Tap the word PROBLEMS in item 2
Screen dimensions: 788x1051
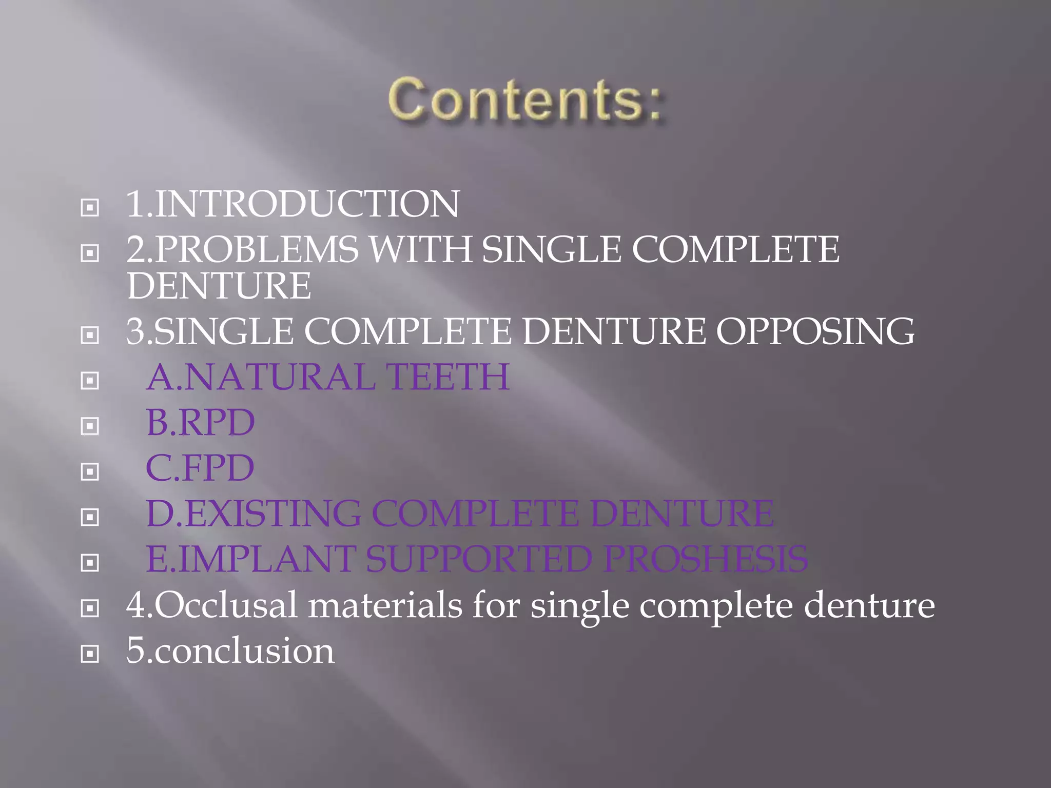[257, 249]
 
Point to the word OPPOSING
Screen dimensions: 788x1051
[815, 331]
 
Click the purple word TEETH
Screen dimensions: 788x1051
[447, 377]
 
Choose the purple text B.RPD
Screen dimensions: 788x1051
[200, 422]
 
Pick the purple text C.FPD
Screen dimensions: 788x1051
[200, 468]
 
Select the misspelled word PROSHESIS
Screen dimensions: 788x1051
[706, 559]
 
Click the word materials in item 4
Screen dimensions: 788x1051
[385, 605]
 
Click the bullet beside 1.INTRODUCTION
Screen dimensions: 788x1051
[90, 207]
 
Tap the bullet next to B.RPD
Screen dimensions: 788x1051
[90, 426]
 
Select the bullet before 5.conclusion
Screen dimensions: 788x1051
[90, 654]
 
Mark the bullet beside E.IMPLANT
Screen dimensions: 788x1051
[90, 563]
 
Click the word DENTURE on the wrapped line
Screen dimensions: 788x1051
[219, 286]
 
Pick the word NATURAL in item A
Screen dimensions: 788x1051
[280, 377]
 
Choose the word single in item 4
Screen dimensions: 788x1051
[580, 606]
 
